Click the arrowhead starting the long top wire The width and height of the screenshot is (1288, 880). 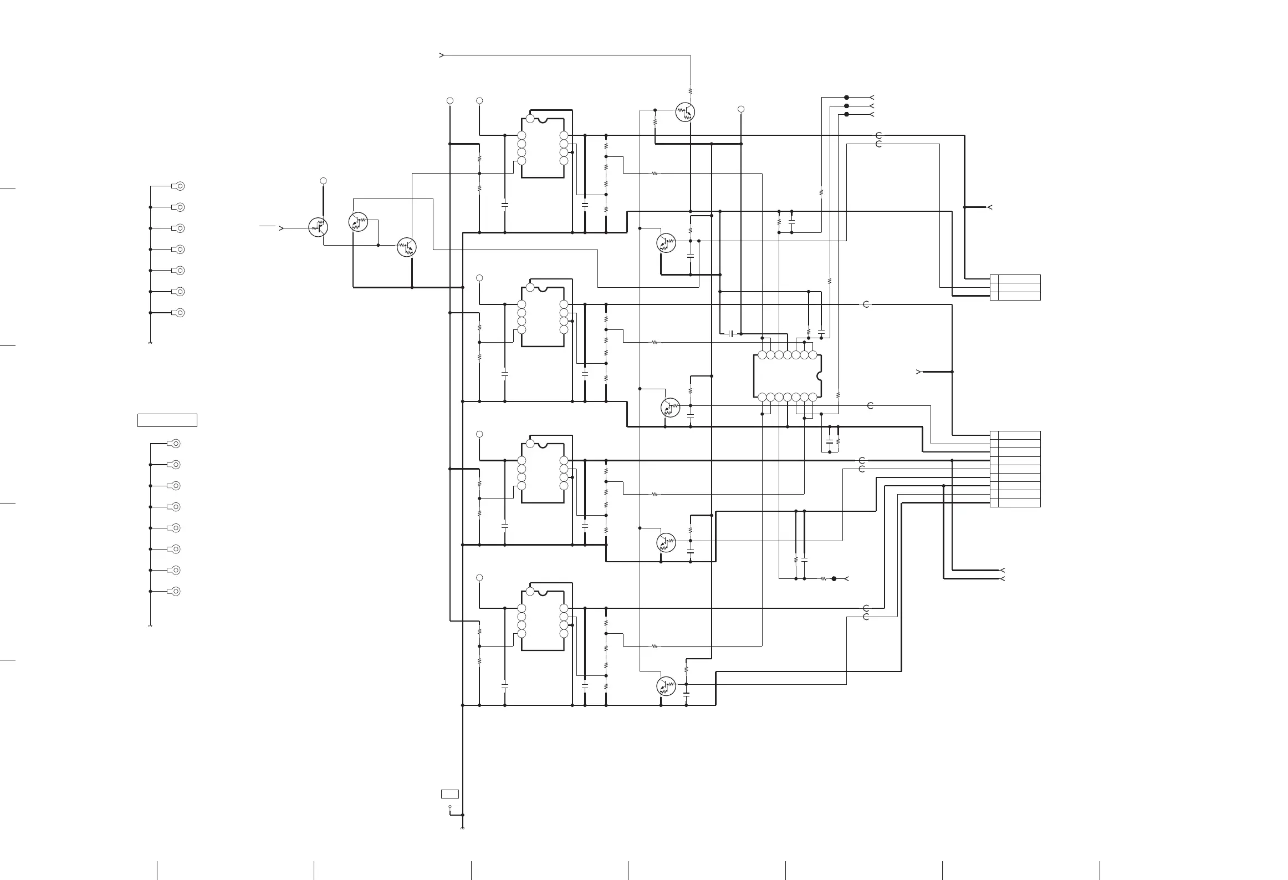tap(442, 55)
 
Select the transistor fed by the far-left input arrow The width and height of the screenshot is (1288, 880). tap(318, 227)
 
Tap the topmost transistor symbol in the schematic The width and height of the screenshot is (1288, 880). tap(686, 112)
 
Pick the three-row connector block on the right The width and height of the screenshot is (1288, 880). tap(1015, 287)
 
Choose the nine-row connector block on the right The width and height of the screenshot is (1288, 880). tap(1015, 469)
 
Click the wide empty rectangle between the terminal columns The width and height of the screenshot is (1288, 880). tap(167, 420)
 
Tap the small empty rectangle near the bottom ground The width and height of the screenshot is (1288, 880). tap(449, 794)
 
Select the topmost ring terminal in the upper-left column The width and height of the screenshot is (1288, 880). tap(179, 186)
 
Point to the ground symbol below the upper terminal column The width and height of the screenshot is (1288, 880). tap(150, 343)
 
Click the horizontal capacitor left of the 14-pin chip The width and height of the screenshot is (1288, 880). tap(731, 334)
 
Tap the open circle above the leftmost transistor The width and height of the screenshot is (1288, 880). tap(324, 181)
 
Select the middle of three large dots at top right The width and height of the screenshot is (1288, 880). tap(846, 106)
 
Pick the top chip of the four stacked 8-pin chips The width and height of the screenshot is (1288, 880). tap(543, 148)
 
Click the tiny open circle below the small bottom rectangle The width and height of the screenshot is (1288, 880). tap(449, 807)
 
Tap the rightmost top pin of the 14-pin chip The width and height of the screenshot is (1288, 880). tap(812, 355)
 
